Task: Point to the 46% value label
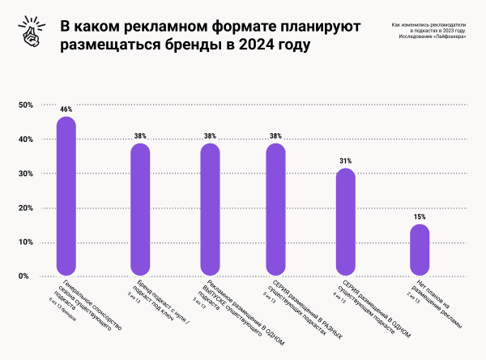tap(66, 109)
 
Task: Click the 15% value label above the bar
tap(420, 216)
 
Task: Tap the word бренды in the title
tap(202, 45)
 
